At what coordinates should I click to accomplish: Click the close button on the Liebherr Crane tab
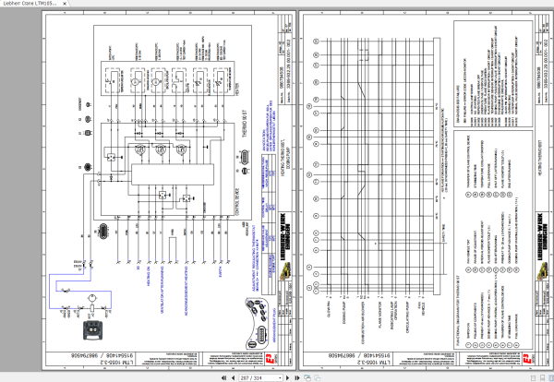click(547, 5)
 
